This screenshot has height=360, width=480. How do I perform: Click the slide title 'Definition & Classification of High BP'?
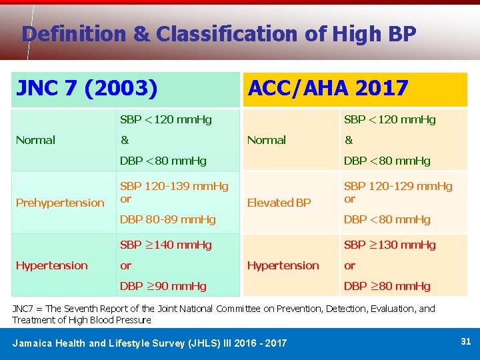point(219,33)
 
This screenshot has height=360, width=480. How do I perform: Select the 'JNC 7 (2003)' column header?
point(87,88)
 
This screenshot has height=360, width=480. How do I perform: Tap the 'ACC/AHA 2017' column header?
point(327,88)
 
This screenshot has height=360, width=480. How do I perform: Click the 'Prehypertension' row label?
point(60,203)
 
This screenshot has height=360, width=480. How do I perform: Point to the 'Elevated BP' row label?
point(279,203)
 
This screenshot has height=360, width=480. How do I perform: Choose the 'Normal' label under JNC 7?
point(35,140)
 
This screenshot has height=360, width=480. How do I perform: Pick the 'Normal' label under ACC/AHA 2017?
point(266,140)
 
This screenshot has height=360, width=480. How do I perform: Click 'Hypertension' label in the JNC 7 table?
point(52,265)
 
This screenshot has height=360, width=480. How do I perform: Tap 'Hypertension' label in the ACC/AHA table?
point(283,265)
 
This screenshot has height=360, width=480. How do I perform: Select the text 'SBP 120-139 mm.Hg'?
point(173,187)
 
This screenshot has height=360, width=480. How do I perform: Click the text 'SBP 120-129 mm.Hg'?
point(397,187)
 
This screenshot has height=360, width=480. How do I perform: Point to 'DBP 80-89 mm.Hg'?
point(167,219)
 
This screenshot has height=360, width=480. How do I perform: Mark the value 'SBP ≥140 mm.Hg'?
point(165,245)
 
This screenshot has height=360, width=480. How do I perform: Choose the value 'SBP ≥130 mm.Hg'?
point(389,245)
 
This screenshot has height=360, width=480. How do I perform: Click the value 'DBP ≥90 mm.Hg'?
point(163,286)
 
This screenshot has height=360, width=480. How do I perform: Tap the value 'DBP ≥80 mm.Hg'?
point(387,286)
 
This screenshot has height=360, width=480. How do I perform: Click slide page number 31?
point(465,341)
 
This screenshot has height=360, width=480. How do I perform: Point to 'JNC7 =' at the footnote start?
point(27,309)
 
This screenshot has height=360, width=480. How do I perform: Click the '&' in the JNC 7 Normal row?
point(124,140)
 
